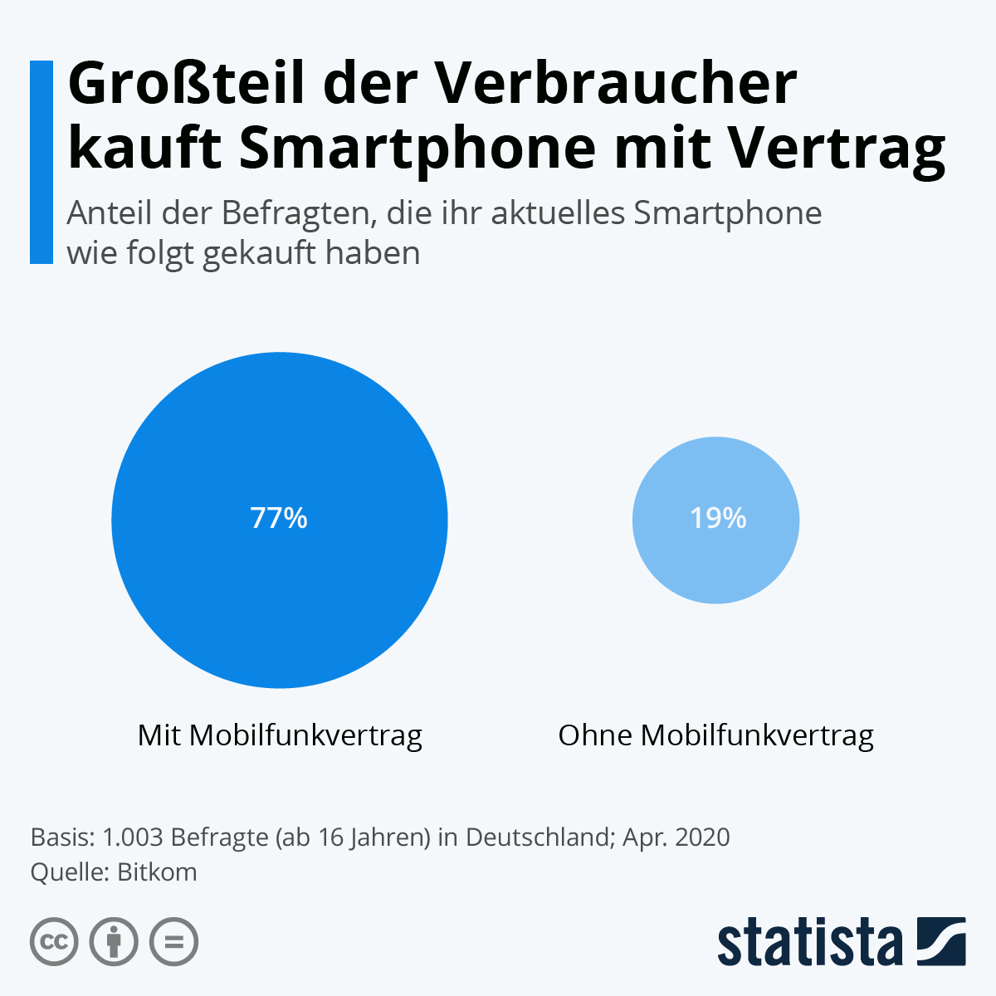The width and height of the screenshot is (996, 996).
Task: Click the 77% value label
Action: pyautogui.click(x=279, y=518)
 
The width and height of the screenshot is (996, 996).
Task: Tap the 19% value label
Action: pyautogui.click(x=718, y=518)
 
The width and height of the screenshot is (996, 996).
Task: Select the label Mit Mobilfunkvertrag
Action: pyautogui.click(x=280, y=735)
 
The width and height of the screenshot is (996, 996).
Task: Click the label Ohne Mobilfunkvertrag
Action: pyautogui.click(x=715, y=735)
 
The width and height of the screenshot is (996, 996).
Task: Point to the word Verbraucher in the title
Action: pyautogui.click(x=613, y=85)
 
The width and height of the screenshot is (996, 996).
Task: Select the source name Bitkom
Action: pyautogui.click(x=158, y=872)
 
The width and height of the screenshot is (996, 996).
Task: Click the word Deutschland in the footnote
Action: pyautogui.click(x=537, y=837)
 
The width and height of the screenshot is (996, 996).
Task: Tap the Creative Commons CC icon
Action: pyautogui.click(x=55, y=942)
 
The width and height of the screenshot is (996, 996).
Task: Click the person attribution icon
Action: pyautogui.click(x=114, y=942)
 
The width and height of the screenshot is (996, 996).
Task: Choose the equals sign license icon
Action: pyautogui.click(x=173, y=942)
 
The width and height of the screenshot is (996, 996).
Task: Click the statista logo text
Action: pyautogui.click(x=809, y=943)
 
